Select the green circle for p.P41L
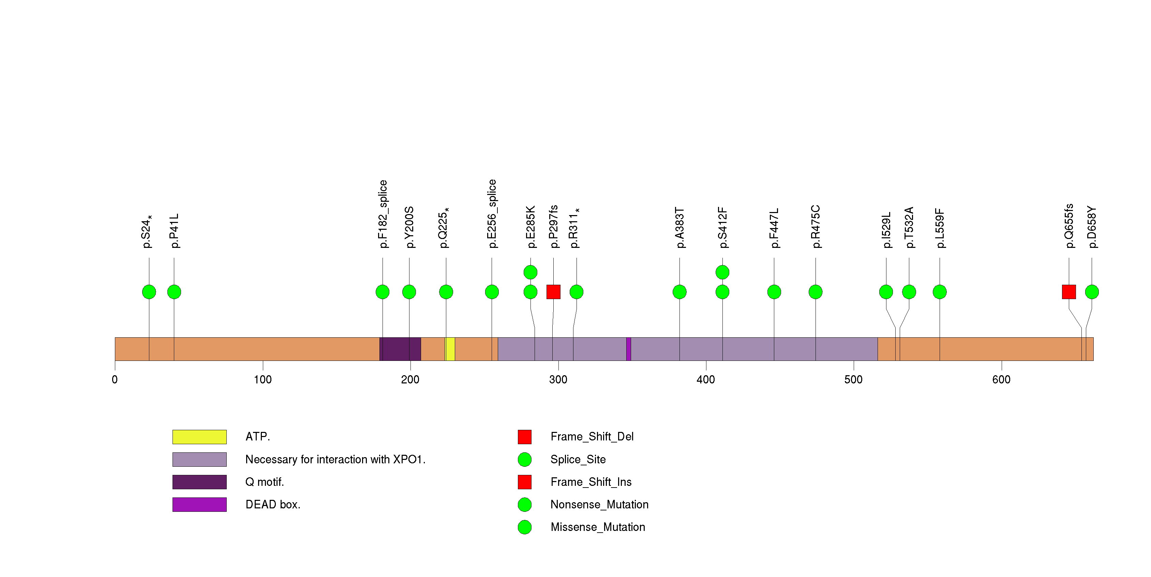pyautogui.click(x=174, y=292)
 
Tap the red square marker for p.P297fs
pyautogui.click(x=553, y=292)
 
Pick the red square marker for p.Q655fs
pyautogui.click(x=1069, y=292)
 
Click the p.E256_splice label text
pyautogui.click(x=492, y=214)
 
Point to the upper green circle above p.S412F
pyautogui.click(x=722, y=272)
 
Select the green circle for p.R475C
pyautogui.click(x=816, y=292)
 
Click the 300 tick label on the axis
pyautogui.click(x=558, y=380)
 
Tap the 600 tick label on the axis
pyautogui.click(x=1001, y=380)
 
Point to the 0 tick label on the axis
pyautogui.click(x=115, y=380)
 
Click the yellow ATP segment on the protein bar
pyautogui.click(x=450, y=349)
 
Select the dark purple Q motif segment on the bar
pyautogui.click(x=400, y=349)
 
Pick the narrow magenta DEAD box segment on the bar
pyautogui.click(x=629, y=349)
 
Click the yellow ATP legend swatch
pyautogui.click(x=199, y=437)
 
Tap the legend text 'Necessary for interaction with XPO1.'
pyautogui.click(x=335, y=459)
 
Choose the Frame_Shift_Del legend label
pyautogui.click(x=592, y=437)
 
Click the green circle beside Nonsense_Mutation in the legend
pyautogui.click(x=525, y=505)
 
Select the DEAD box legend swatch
pyautogui.click(x=199, y=505)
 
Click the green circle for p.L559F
pyautogui.click(x=940, y=292)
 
